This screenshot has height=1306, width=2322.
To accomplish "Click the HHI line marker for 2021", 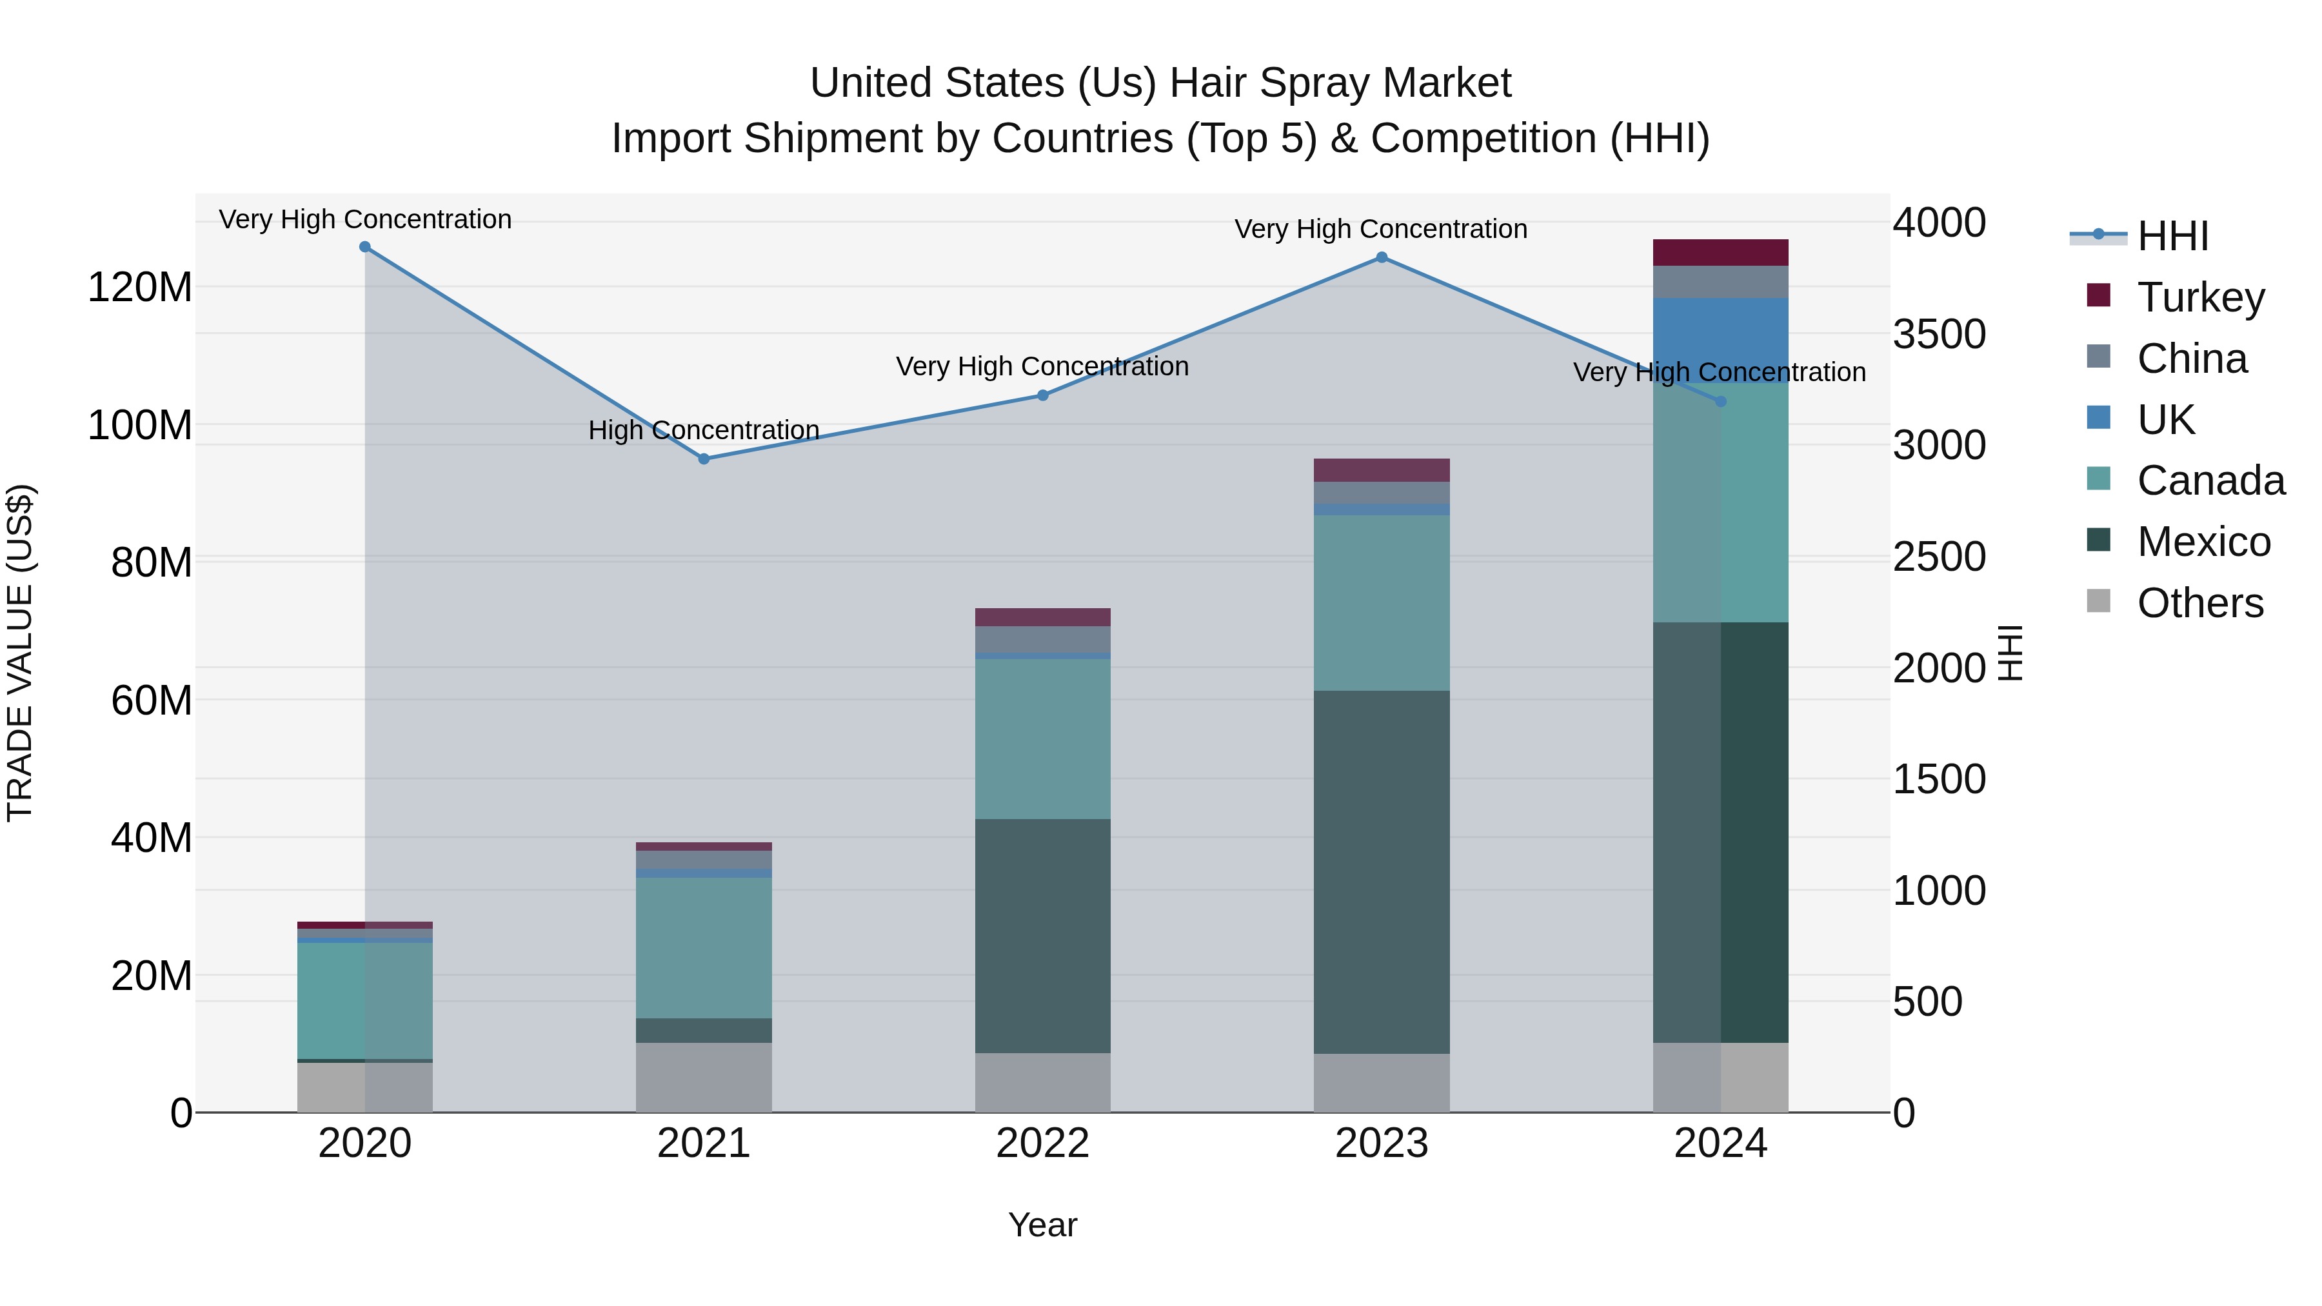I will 704,459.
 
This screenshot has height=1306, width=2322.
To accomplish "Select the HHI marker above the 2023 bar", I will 1382,258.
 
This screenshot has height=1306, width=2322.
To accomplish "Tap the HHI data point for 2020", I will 365,247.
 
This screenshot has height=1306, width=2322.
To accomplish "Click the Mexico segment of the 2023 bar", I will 1382,871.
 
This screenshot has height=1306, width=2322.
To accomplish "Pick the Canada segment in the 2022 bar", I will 1043,739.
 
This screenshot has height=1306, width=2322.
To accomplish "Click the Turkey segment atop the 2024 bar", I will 1721,252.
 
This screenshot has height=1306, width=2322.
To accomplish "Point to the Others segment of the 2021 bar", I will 704,1077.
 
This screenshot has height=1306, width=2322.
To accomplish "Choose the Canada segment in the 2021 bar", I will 704,948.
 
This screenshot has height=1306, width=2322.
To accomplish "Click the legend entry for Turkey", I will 2200,297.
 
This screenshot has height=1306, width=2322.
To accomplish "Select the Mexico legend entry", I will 2203,542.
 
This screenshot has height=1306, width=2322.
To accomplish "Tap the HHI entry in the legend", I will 2172,236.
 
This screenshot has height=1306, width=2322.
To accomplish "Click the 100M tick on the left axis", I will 140,426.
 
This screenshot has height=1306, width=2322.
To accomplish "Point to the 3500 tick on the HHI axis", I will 1939,334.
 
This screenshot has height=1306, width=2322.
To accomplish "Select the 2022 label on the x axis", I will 1043,1143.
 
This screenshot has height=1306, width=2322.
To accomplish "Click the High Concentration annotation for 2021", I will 704,430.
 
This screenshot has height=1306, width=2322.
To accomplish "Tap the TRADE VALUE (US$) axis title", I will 20,653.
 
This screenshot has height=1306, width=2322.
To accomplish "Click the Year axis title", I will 1043,1225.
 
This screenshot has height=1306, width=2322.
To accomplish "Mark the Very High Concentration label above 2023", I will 1381,229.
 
